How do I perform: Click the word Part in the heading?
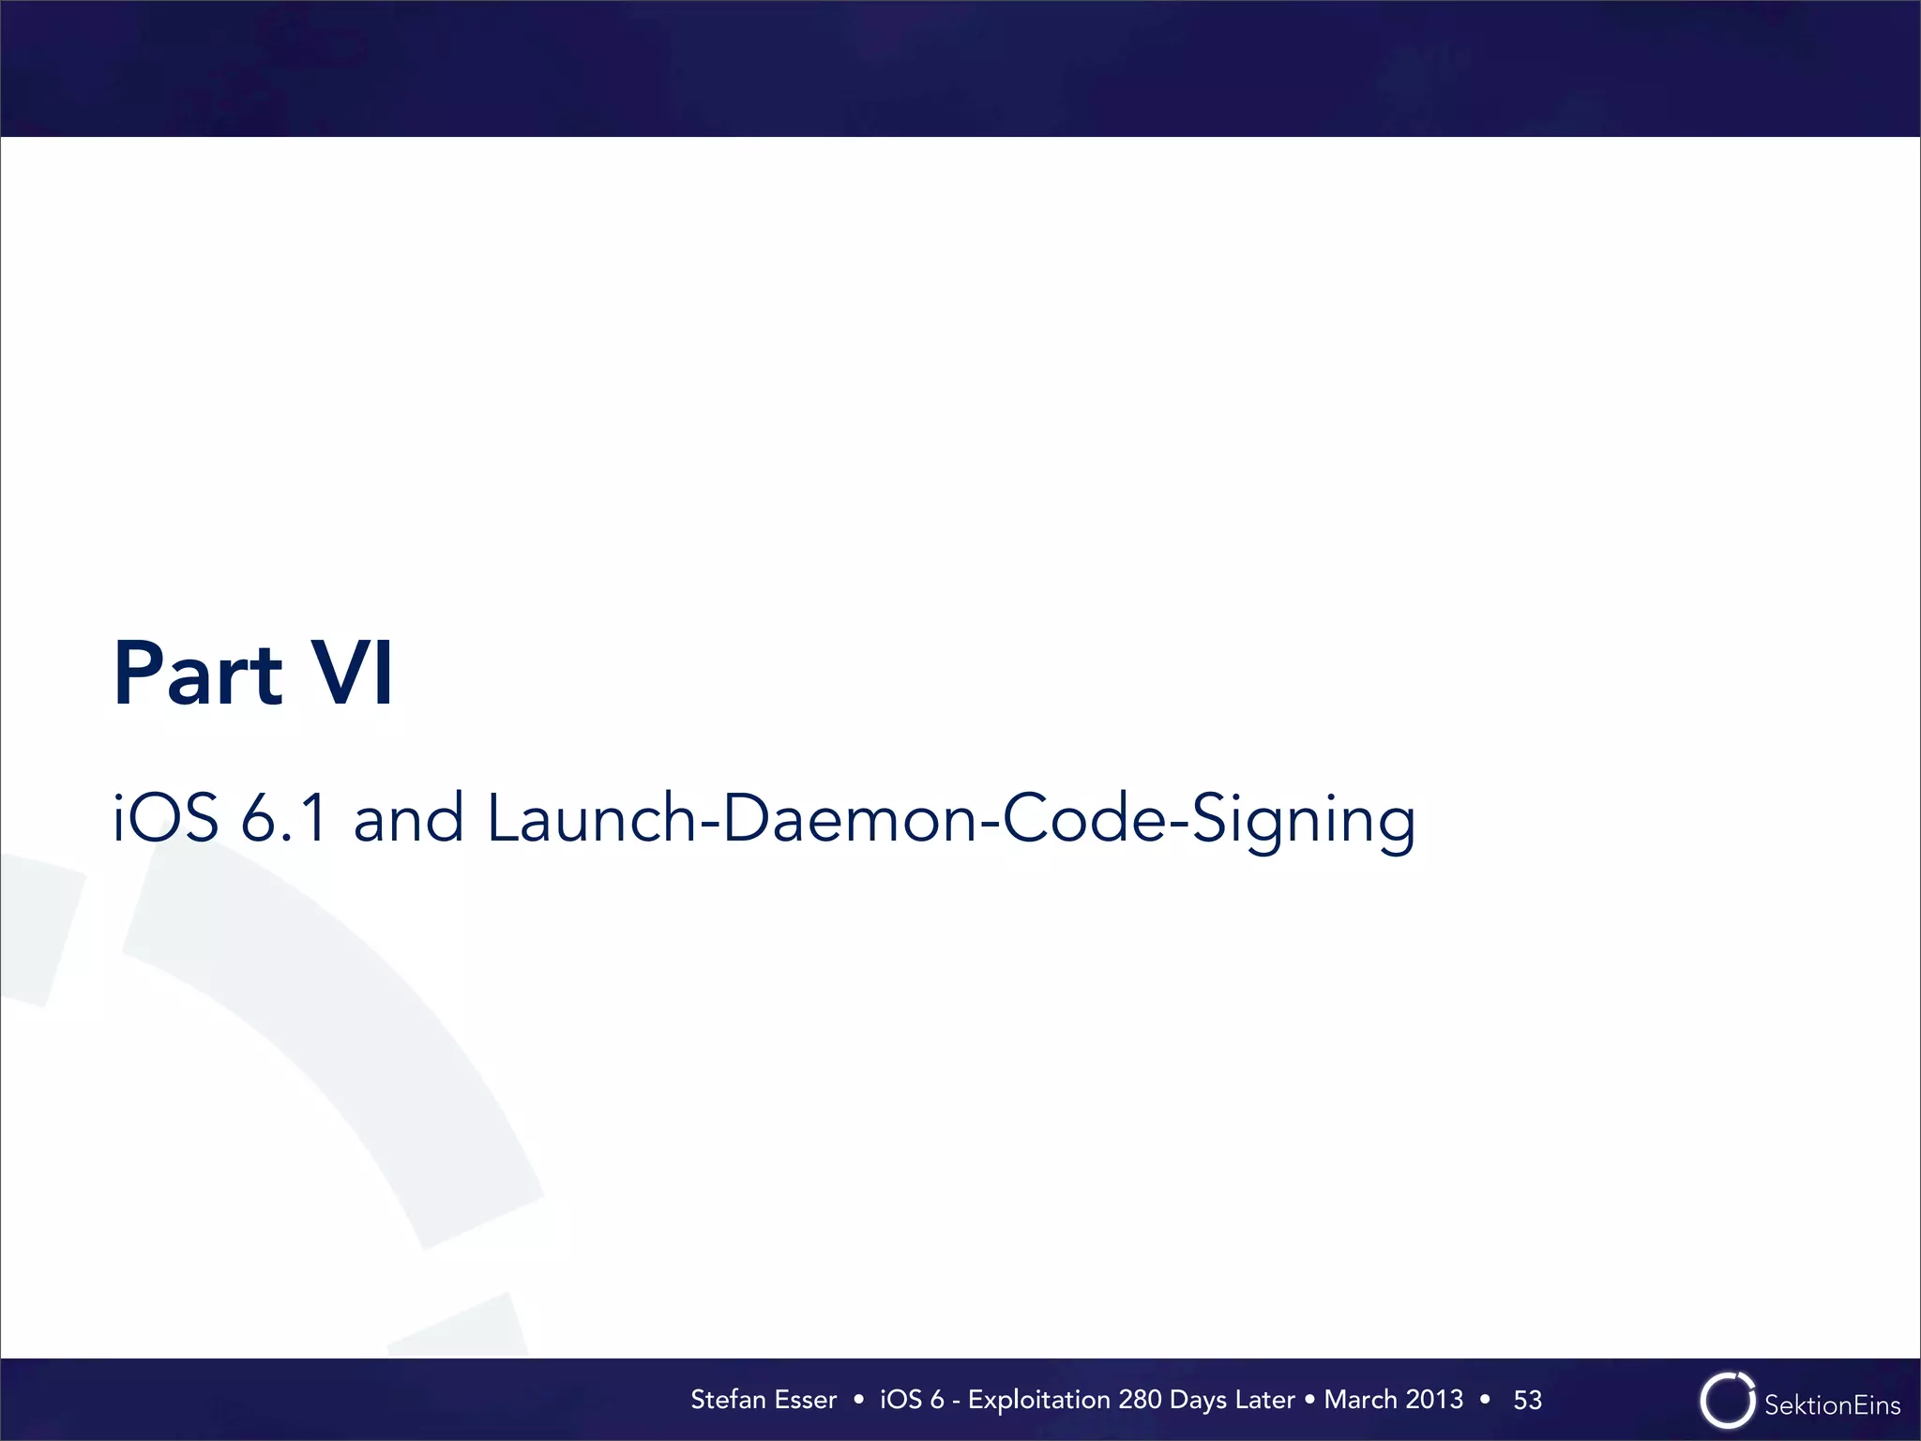point(198,674)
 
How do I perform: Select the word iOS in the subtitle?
point(166,818)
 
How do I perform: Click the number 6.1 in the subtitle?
point(284,818)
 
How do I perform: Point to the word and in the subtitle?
point(408,818)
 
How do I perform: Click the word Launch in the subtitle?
point(591,818)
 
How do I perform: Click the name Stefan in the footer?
point(729,1400)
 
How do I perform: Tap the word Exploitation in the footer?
point(1039,1401)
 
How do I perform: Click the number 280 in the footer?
point(1140,1400)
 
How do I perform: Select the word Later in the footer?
point(1265,1400)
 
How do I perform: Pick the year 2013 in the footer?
point(1434,1400)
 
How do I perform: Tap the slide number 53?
point(1527,1401)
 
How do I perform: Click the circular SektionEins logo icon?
point(1727,1401)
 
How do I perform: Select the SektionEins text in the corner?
point(1832,1405)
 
